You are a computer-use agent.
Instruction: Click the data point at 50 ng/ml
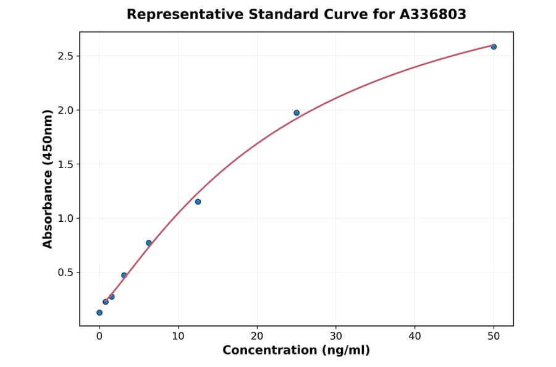494,47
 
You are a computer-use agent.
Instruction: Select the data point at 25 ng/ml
297,112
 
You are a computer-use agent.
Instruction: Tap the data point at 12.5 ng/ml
198,201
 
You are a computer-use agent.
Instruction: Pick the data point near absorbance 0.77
149,243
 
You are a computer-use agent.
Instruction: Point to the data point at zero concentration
99,313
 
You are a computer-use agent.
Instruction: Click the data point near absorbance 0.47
124,275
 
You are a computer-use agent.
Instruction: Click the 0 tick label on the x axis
99,336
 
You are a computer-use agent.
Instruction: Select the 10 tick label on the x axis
178,336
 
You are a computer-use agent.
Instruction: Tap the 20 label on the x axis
257,336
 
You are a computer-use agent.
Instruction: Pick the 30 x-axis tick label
336,336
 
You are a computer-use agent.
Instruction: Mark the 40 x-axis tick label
415,336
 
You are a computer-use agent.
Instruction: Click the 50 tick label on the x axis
494,336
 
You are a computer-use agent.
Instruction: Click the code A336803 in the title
432,14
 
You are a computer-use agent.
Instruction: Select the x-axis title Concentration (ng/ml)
296,351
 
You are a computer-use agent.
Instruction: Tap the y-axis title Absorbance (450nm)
48,179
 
